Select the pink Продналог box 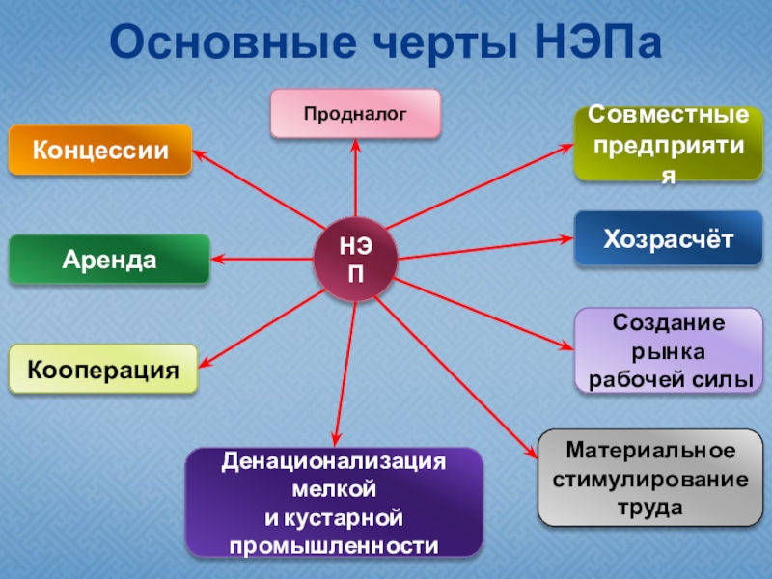click(355, 113)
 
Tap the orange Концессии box click(100, 151)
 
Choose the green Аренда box click(109, 259)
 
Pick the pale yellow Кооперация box click(103, 369)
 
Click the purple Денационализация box click(334, 503)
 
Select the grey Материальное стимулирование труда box click(643, 478)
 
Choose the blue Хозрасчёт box click(668, 237)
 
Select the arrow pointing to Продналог click(355, 183)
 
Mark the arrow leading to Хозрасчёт click(482, 249)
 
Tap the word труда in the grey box click(643, 503)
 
